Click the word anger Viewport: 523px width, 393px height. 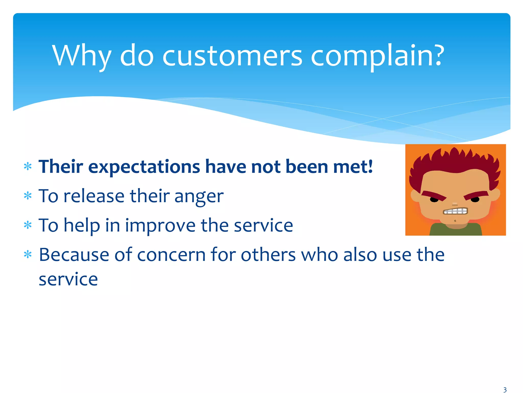[x=199, y=196]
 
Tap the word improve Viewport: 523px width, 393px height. [x=160, y=226]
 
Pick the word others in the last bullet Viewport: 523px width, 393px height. [x=268, y=255]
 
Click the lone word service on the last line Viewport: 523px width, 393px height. [x=68, y=279]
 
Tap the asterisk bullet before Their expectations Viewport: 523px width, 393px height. [x=28, y=167]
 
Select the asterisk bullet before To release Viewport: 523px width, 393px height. [x=28, y=196]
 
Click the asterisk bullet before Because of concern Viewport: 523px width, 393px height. [x=28, y=255]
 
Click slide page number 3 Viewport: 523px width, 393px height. [x=505, y=390]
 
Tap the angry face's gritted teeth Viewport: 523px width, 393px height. [x=455, y=211]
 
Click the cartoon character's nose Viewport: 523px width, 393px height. [x=455, y=204]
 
